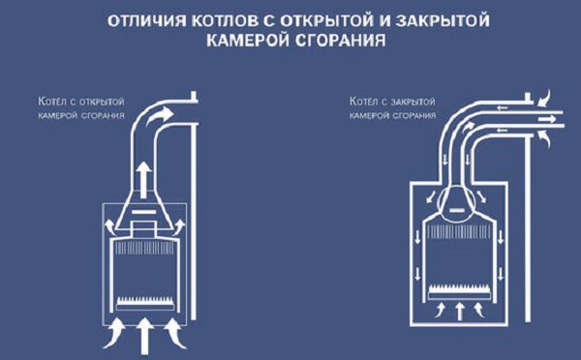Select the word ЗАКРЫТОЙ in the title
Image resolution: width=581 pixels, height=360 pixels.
tap(443, 20)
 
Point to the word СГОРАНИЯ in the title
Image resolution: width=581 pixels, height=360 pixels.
tap(341, 41)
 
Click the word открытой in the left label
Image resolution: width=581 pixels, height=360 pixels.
tap(103, 102)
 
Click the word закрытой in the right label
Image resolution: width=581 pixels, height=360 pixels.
tap(413, 102)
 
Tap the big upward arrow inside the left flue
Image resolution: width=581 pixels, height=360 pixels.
tap(143, 176)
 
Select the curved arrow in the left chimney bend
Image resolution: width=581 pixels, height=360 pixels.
tap(160, 116)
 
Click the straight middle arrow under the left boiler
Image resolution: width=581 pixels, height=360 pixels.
tap(144, 336)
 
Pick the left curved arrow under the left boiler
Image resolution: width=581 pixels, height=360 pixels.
tap(114, 333)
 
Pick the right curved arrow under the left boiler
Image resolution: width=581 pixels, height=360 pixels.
tap(175, 333)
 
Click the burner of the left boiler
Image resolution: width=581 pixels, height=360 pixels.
tap(145, 304)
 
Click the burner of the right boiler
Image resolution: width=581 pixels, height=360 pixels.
tap(459, 292)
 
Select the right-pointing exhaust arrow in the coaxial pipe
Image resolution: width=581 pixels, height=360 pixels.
tap(547, 119)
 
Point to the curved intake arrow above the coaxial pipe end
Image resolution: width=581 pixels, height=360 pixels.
tap(544, 98)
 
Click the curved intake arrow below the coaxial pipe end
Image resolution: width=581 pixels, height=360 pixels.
tap(544, 139)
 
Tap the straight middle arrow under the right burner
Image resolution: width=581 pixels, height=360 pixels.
tap(459, 312)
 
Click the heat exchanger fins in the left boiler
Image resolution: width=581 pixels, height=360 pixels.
tap(145, 248)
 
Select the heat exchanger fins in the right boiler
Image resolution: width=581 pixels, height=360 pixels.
tap(459, 232)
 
